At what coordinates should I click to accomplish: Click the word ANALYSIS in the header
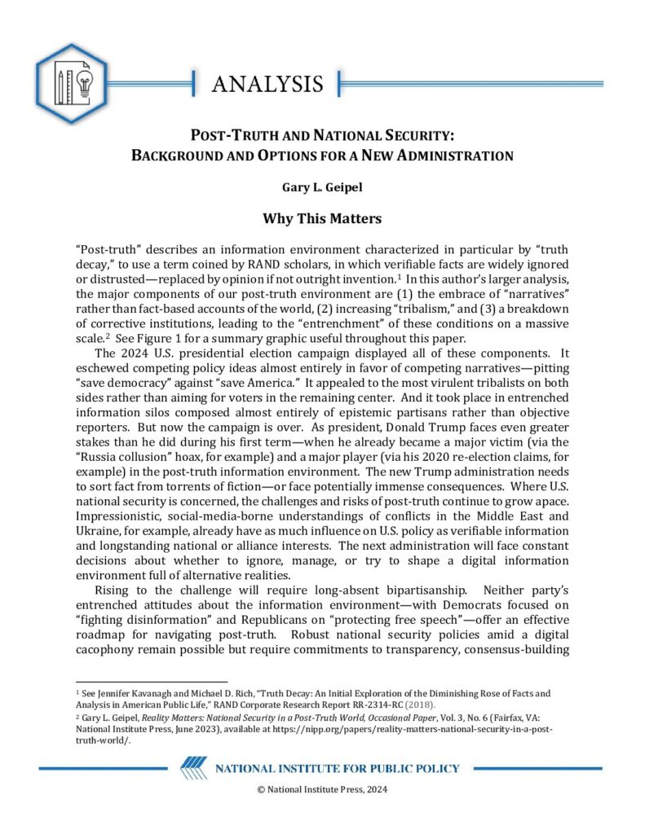(x=267, y=84)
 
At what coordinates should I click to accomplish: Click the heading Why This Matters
(x=321, y=219)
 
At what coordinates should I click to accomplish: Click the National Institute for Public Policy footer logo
(x=320, y=768)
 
